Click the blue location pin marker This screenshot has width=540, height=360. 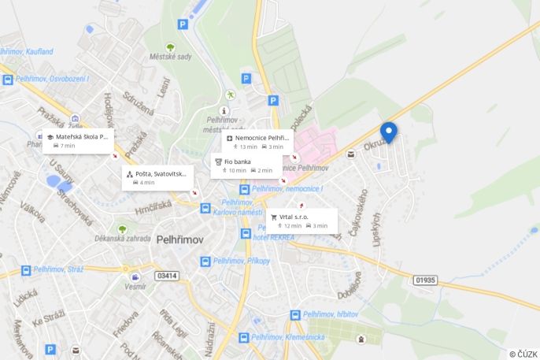tap(388, 132)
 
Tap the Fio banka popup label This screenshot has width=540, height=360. tap(244, 165)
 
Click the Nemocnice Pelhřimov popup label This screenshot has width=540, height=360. tap(258, 142)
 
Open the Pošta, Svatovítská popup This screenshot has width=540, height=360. tap(157, 177)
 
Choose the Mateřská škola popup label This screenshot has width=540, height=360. tap(78, 141)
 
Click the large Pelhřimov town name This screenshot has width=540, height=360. tap(180, 239)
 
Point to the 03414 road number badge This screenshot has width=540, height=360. tap(167, 276)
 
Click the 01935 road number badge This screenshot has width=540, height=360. tap(425, 280)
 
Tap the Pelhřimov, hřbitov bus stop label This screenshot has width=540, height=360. tap(331, 314)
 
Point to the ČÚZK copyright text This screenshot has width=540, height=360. tap(523, 354)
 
